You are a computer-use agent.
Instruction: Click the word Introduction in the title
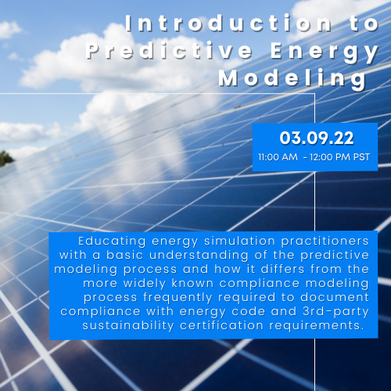coord(228,24)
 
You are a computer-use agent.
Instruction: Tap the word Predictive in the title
coord(169,51)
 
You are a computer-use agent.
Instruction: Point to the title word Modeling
coord(292,79)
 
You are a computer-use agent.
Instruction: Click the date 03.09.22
coord(317,138)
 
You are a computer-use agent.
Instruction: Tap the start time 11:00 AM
coord(278,157)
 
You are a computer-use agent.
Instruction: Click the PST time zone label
coord(361,157)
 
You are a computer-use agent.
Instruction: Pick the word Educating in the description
coord(112,242)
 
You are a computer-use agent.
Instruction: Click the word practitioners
coord(325,242)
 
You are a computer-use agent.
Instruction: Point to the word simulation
coord(239,241)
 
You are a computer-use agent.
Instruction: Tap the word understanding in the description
coord(199,256)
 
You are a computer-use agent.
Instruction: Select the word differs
coord(282,269)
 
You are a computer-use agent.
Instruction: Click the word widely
coord(145,284)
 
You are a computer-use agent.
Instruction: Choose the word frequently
coord(178,298)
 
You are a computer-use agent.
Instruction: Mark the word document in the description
coord(335,297)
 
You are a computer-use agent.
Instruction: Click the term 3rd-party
coord(336,312)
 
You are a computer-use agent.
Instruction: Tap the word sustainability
coord(128,326)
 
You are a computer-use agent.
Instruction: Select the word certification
coord(221,325)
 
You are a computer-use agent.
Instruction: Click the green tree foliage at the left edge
coord(5,159)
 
